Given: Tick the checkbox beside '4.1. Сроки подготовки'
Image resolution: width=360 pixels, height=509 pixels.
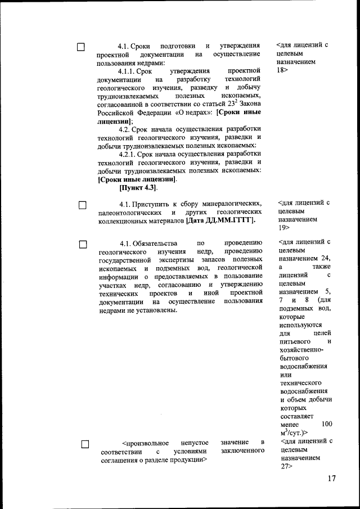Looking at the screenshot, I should coord(82,47).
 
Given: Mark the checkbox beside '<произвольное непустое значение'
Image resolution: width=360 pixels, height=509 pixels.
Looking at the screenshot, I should coord(85,444).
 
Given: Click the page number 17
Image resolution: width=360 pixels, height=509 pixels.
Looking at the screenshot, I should coord(330,479).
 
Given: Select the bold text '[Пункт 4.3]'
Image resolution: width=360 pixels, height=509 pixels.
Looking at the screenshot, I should coord(138,188).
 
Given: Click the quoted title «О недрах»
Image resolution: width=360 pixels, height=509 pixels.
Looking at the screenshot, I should coord(191,112).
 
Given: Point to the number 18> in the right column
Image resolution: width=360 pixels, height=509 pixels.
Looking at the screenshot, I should coord(283,71).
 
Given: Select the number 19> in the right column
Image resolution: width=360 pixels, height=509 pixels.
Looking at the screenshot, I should coord(284,228).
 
